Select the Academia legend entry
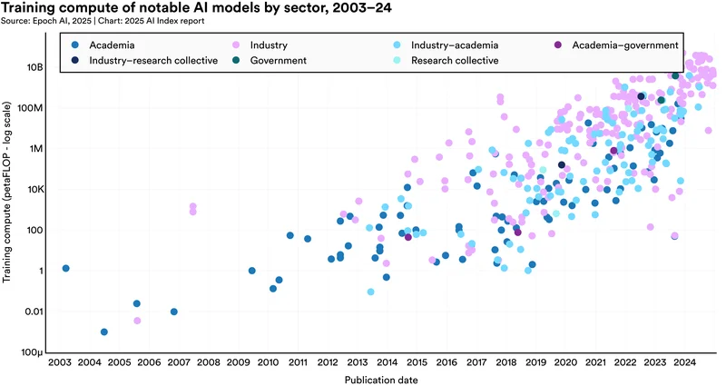click(x=112, y=45)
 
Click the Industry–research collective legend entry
click(x=152, y=61)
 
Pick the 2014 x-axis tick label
click(x=387, y=363)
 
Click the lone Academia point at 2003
click(x=65, y=269)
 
